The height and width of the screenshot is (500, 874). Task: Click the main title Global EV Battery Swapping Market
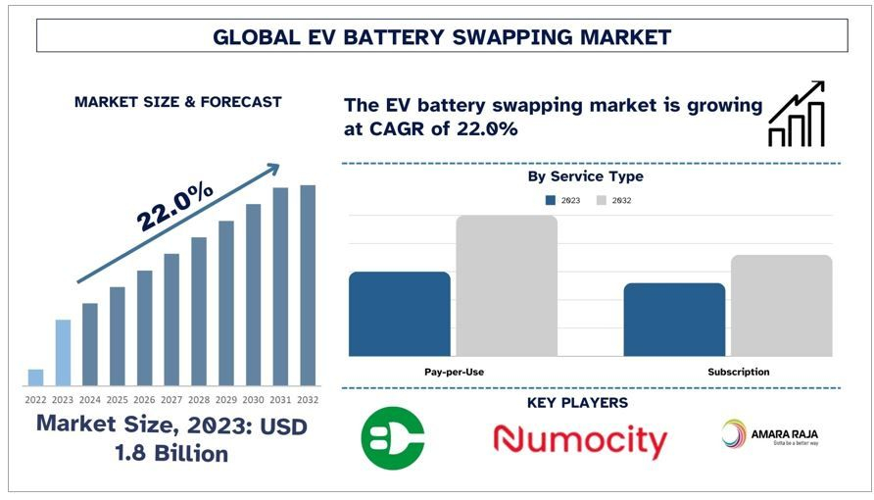point(442,37)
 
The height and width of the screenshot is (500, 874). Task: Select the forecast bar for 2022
point(35,377)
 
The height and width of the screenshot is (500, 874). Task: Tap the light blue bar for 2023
point(63,353)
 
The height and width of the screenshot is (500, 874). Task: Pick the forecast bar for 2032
point(308,285)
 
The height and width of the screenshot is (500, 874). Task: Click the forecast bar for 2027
point(171,320)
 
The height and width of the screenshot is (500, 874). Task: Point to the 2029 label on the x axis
point(225,399)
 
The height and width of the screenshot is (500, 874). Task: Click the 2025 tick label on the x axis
point(117,399)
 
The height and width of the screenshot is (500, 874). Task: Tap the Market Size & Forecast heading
point(177,102)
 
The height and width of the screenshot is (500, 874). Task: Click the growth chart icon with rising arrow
point(796,115)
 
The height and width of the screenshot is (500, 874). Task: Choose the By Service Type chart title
point(585,176)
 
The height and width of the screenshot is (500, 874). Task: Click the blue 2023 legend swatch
point(551,200)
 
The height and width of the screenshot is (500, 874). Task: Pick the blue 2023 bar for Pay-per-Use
point(399,314)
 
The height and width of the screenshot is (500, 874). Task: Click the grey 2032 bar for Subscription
point(781,306)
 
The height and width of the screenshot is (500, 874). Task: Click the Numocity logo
point(580,440)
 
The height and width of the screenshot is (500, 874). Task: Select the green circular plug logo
point(393,438)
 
